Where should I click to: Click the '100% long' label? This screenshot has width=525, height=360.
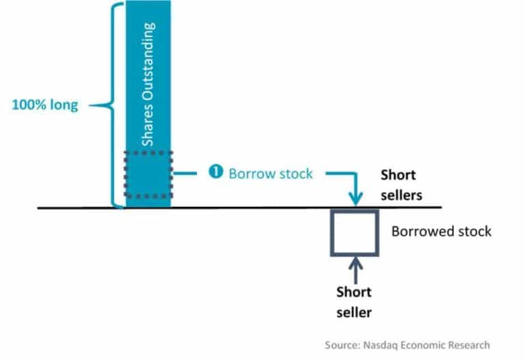point(46,105)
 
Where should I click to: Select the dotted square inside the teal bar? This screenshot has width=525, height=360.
point(148,174)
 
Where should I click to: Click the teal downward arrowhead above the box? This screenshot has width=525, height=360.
point(354,199)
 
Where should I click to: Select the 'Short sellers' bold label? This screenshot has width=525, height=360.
point(401,184)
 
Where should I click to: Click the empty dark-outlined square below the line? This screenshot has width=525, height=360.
point(353,233)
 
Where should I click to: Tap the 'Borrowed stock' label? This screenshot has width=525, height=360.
point(441,231)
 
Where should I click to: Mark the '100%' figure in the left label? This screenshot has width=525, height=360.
point(27,105)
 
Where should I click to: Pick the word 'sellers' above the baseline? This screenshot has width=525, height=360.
point(402,195)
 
